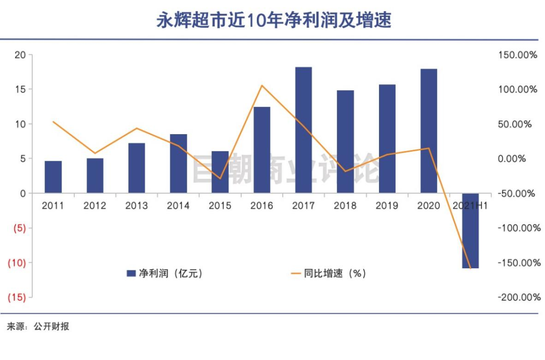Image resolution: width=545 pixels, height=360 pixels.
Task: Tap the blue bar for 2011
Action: (53, 177)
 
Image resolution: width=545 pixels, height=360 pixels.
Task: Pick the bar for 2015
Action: (220, 172)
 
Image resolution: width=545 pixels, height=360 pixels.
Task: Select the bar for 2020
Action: (428, 131)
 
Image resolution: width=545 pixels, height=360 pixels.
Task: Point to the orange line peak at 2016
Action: (262, 86)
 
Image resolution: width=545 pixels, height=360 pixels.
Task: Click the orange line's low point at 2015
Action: (220, 178)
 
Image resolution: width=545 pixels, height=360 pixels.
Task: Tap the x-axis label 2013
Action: (136, 206)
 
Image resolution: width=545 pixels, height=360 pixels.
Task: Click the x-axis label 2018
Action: (345, 206)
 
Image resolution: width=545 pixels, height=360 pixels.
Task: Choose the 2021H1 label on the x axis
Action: (470, 206)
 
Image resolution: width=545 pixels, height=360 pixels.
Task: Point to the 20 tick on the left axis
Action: (20, 55)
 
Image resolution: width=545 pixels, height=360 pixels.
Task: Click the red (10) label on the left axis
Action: (16, 263)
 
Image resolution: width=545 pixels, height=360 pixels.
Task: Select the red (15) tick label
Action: (16, 297)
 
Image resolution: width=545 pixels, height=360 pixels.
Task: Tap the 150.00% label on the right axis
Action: (517, 55)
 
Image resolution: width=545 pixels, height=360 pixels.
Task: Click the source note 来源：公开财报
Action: (38, 327)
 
